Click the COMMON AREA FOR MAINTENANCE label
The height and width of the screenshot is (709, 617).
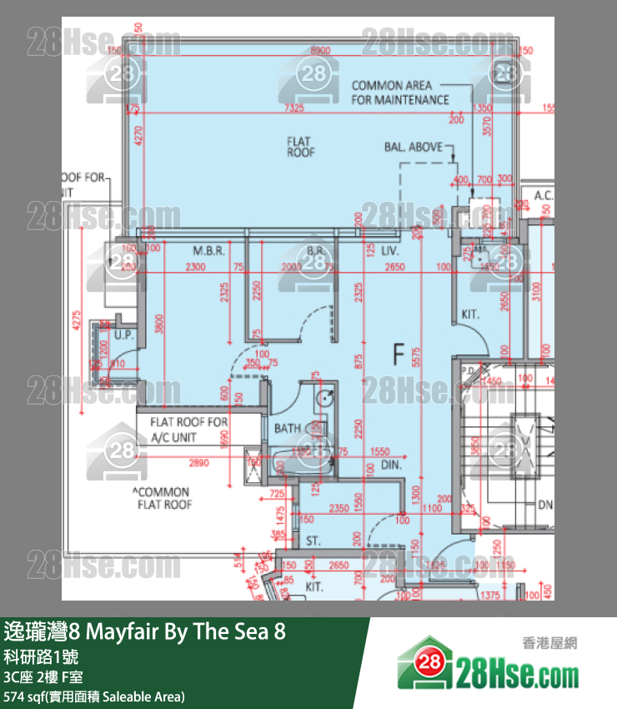pyautogui.click(x=399, y=93)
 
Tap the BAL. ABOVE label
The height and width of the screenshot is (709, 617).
pyautogui.click(x=414, y=148)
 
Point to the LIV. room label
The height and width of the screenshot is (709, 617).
pyautogui.click(x=389, y=250)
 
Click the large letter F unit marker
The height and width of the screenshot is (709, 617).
pyautogui.click(x=399, y=355)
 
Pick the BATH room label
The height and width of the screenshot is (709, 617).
pyautogui.click(x=288, y=429)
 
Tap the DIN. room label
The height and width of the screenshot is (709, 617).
pyautogui.click(x=392, y=465)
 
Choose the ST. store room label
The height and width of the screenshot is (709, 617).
pyautogui.click(x=313, y=541)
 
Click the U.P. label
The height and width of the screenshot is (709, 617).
pyautogui.click(x=125, y=335)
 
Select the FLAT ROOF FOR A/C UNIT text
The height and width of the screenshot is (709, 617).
pyautogui.click(x=188, y=429)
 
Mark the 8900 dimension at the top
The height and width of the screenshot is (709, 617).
pyautogui.click(x=319, y=51)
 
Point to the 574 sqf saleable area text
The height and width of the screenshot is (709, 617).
pyautogui.click(x=93, y=696)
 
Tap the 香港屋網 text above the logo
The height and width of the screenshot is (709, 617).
pyautogui.click(x=549, y=642)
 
